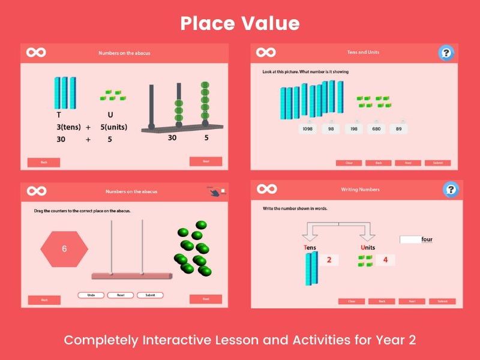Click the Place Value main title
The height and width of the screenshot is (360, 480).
click(x=240, y=23)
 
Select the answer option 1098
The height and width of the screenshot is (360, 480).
click(x=307, y=129)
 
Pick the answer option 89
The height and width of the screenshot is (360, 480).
click(x=398, y=129)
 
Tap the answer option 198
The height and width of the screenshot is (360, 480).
click(x=354, y=129)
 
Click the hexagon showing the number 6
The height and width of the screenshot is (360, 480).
click(x=64, y=248)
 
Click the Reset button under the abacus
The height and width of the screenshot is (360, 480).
click(x=120, y=295)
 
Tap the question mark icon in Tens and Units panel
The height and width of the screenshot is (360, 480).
click(x=446, y=53)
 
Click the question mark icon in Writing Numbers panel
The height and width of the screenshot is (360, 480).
click(x=450, y=190)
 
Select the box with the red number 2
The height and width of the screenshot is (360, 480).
click(x=329, y=260)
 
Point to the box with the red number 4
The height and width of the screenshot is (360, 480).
click(x=385, y=260)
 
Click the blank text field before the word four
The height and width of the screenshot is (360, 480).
click(x=410, y=239)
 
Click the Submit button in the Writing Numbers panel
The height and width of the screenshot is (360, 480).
click(x=442, y=301)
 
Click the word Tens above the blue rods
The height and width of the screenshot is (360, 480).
click(x=310, y=248)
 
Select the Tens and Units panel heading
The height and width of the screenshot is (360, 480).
click(x=363, y=53)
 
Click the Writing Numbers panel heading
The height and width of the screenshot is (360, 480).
click(x=360, y=190)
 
